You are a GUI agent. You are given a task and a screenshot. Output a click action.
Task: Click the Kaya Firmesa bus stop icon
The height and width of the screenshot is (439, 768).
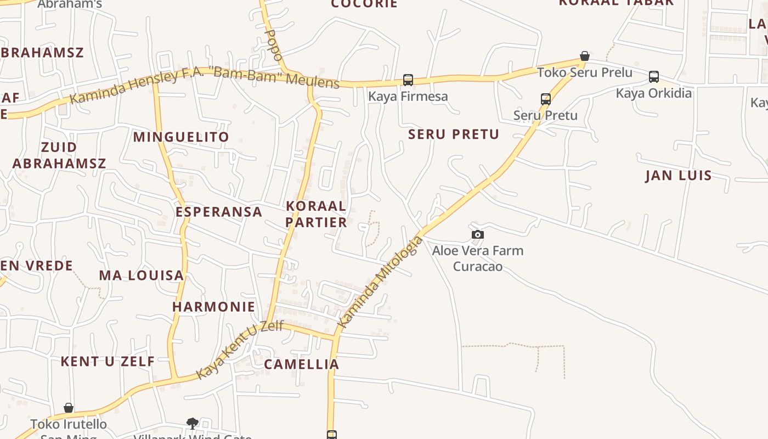408,80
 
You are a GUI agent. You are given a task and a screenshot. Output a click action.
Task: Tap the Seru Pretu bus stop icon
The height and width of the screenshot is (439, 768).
545,99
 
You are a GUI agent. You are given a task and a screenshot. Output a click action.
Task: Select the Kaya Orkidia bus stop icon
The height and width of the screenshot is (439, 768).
653,77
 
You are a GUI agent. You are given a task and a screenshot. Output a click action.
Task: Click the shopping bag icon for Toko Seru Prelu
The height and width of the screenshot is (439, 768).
585,57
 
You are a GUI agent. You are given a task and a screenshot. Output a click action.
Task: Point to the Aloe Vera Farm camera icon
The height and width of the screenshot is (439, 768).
478,235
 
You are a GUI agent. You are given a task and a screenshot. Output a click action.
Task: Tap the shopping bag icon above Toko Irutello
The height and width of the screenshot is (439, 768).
69,408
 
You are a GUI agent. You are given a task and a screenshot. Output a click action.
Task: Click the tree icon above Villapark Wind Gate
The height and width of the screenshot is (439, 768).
192,423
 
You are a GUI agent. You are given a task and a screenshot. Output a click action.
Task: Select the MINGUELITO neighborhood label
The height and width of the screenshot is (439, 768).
181,137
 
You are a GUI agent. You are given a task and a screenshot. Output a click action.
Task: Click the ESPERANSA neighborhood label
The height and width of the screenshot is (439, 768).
219,212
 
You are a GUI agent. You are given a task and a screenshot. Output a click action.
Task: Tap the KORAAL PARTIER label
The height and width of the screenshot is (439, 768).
317,214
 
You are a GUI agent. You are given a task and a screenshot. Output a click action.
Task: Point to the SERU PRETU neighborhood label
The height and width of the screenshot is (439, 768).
454,134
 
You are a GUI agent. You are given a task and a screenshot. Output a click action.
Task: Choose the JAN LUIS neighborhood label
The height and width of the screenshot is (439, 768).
679,176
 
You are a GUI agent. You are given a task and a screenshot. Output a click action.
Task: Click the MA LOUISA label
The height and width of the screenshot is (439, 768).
141,275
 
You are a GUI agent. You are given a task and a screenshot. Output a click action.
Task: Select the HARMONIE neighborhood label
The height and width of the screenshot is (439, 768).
214,307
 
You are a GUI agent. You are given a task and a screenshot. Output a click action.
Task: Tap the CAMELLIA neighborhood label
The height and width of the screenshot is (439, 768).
302,364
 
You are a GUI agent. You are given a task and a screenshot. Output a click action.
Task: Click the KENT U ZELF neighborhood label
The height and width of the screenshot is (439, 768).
108,362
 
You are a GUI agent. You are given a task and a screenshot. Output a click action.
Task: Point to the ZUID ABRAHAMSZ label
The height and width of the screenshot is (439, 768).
59,155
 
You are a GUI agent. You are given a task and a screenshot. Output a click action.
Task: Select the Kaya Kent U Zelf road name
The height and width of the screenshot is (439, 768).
240,350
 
